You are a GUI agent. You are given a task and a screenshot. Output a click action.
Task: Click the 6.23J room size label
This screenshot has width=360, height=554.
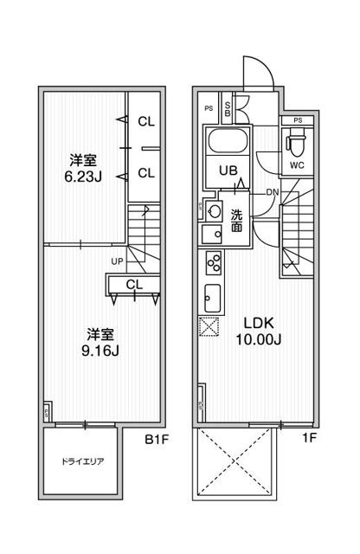(83, 176)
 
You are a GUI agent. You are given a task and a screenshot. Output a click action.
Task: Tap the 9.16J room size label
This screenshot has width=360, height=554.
(100, 351)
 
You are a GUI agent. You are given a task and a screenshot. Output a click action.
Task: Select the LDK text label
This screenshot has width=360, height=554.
(259, 323)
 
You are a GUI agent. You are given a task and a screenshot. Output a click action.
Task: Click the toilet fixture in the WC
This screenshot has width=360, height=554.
(295, 142)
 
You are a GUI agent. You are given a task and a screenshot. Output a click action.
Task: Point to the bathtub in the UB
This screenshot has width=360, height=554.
(228, 140)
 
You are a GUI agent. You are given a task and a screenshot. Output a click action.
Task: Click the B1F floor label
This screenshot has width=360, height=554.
(157, 440)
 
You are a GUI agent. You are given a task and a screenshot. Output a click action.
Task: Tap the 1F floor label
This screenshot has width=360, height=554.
(309, 438)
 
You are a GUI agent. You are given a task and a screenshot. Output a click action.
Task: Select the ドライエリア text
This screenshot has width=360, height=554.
(82, 461)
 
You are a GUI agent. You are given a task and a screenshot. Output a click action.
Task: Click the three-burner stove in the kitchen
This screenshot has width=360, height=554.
(214, 262)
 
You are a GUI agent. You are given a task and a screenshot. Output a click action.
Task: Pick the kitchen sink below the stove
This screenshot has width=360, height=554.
(213, 298)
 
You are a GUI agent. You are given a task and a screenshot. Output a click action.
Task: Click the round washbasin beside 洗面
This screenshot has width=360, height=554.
(214, 211)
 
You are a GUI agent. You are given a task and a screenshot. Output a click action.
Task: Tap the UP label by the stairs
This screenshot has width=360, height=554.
(118, 261)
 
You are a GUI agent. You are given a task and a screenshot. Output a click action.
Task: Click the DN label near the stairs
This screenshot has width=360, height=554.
(272, 192)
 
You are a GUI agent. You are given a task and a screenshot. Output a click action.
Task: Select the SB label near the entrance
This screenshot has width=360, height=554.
(228, 109)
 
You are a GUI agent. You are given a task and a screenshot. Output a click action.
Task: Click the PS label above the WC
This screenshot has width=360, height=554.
(298, 120)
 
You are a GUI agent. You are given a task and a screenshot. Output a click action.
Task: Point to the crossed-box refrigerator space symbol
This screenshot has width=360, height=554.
(209, 326)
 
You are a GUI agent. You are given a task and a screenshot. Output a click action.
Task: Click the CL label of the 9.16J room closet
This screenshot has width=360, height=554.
(134, 285)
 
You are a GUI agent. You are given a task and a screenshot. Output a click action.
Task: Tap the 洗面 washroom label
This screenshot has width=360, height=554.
(236, 220)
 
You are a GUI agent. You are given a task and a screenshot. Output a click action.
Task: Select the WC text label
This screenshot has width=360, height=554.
(297, 165)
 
